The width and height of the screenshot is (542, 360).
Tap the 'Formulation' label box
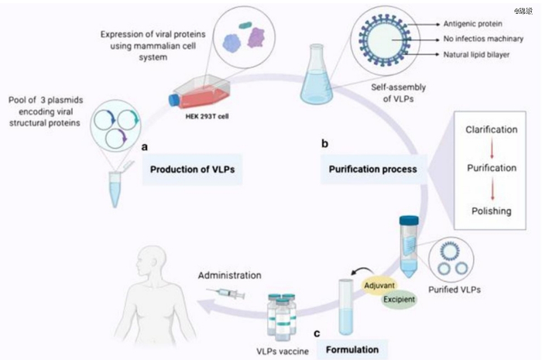pyautogui.click(x=352, y=348)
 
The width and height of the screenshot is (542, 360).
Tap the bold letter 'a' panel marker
pyautogui.click(x=144, y=145)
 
